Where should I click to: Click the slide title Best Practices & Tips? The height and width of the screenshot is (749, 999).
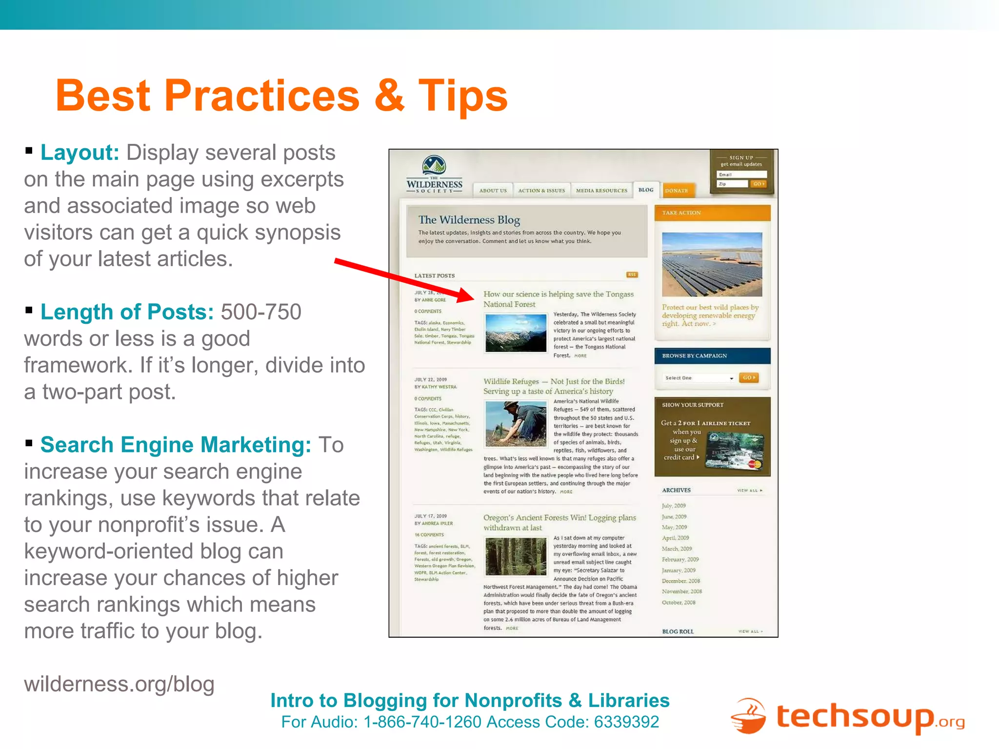(281, 96)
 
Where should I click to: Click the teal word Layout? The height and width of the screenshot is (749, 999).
(80, 153)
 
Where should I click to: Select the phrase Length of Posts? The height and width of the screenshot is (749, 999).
(127, 312)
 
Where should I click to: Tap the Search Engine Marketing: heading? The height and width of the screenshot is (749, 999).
(176, 445)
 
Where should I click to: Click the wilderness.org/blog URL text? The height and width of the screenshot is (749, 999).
(119, 684)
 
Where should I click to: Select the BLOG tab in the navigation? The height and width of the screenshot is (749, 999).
(646, 190)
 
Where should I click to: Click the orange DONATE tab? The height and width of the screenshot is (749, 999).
(677, 191)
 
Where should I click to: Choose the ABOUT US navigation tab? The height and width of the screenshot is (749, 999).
(493, 191)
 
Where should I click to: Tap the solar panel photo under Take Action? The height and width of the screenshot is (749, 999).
(712, 264)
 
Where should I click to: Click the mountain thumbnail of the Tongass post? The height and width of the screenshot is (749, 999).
(516, 333)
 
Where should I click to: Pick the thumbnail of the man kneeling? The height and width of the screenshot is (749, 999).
(516, 423)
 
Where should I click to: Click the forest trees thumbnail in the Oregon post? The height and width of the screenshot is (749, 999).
(516, 557)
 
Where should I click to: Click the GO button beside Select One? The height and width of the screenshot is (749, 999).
(748, 378)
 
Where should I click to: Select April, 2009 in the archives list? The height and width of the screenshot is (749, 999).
(675, 538)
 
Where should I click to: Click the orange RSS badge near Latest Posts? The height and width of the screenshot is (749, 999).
(632, 275)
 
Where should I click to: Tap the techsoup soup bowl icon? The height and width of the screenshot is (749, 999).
(748, 716)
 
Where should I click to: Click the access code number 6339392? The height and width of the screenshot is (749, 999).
(626, 722)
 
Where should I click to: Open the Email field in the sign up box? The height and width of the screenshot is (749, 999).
(741, 175)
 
